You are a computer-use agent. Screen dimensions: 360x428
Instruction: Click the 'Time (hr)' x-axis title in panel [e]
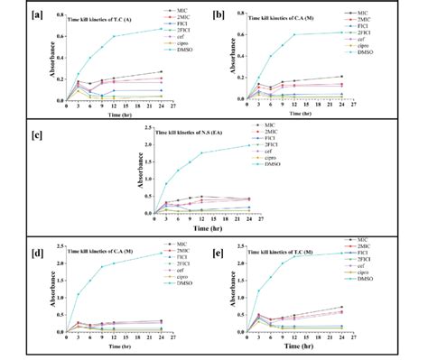click(x=318, y=348)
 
